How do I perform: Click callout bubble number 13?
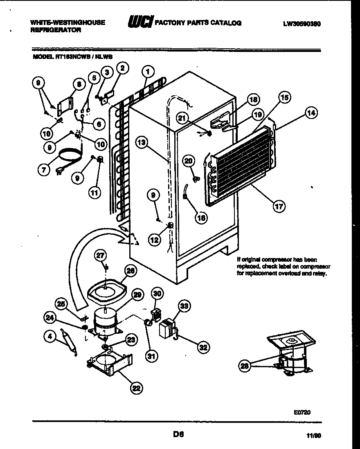(x=142, y=143)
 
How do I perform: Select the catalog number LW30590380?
(x=301, y=24)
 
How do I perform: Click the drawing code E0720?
(x=302, y=413)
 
